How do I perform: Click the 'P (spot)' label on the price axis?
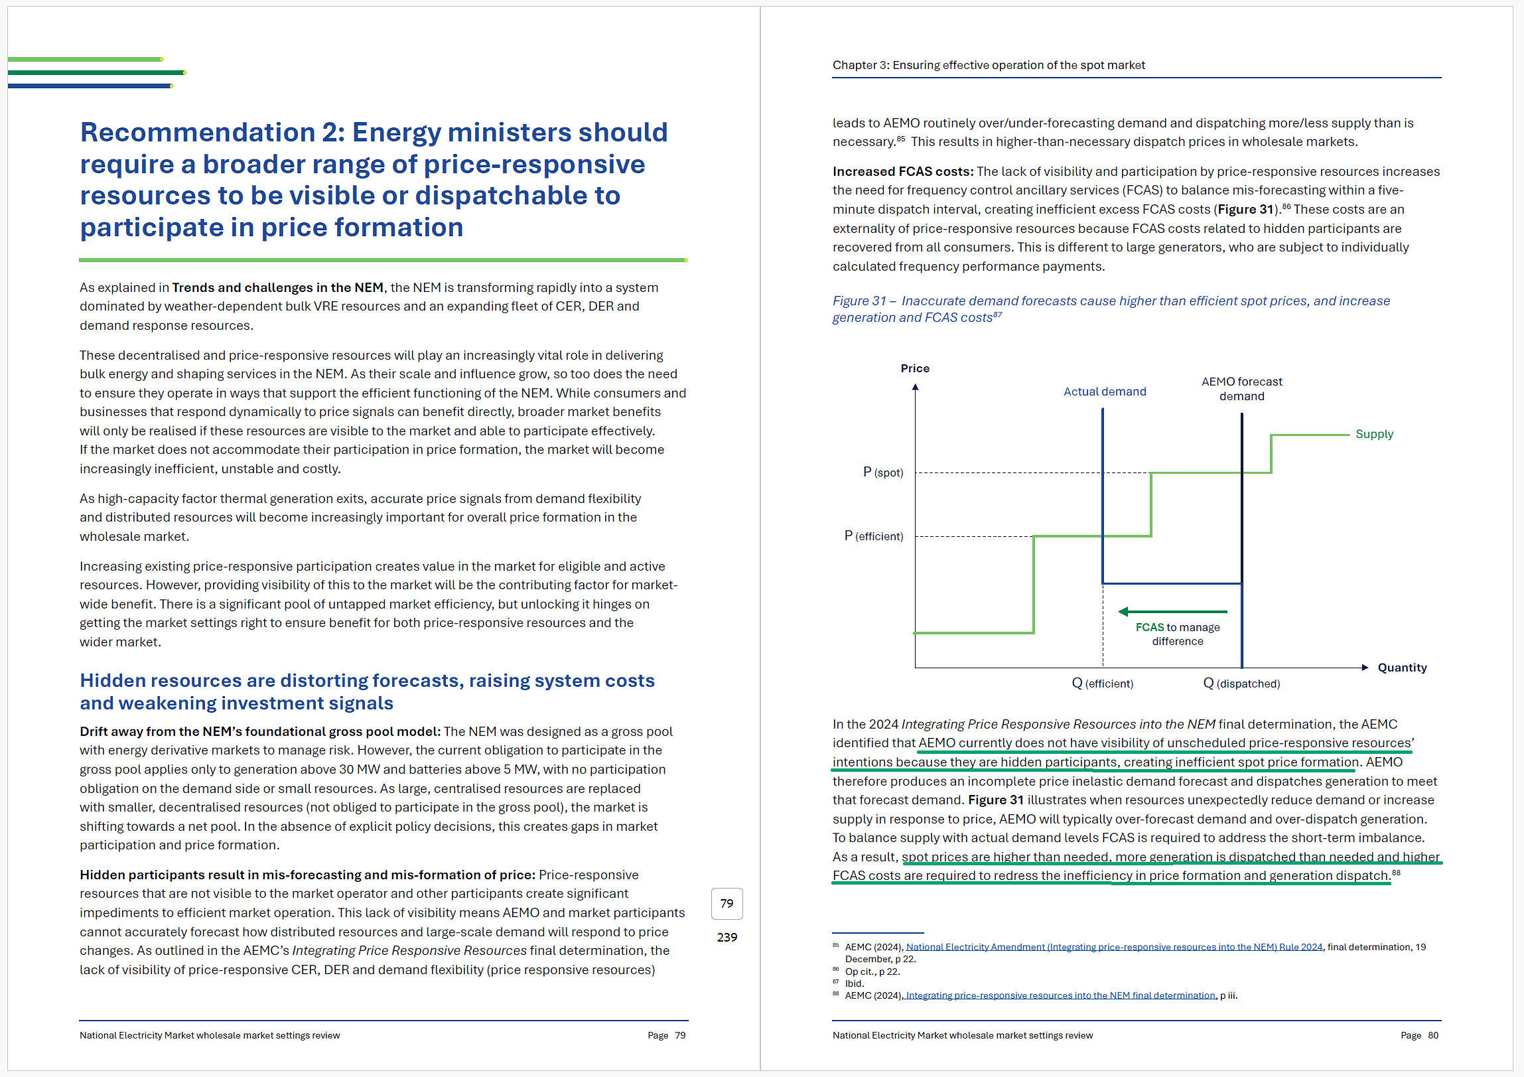click(x=883, y=472)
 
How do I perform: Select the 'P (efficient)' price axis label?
click(x=874, y=536)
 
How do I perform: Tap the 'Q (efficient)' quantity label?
click(x=1103, y=683)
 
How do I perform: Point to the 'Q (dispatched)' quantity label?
click(x=1241, y=683)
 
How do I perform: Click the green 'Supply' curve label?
click(x=1374, y=434)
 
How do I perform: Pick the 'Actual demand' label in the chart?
click(x=1105, y=392)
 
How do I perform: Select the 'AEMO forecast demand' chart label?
click(x=1241, y=389)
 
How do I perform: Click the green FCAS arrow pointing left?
click(x=1172, y=612)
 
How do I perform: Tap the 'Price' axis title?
click(x=915, y=368)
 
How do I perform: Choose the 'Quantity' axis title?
click(x=1402, y=668)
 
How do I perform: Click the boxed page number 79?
click(x=727, y=904)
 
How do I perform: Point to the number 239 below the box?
click(x=727, y=938)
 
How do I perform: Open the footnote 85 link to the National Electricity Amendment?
click(x=1114, y=948)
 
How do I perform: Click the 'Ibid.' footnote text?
click(x=855, y=983)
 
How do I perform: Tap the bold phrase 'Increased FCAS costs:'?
click(x=903, y=172)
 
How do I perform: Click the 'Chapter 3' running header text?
click(x=861, y=65)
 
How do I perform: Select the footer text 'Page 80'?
click(x=1419, y=1035)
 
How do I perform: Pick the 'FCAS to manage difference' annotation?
click(x=1178, y=634)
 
